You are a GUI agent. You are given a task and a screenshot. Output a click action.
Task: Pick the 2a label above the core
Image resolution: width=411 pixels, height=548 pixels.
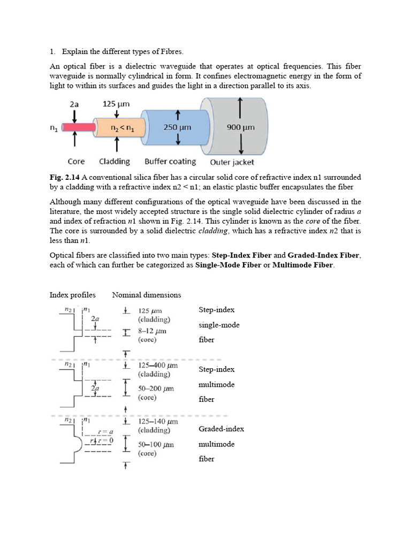coord(74,105)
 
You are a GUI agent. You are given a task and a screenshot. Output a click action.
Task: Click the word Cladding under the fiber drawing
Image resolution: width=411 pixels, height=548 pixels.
coord(115,161)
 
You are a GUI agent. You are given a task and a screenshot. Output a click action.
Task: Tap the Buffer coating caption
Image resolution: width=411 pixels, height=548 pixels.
coord(170,161)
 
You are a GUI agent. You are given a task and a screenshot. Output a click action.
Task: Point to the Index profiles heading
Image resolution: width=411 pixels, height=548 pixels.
coord(73,295)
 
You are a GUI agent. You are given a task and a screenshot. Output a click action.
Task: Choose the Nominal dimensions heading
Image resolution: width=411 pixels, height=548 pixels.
coord(147,295)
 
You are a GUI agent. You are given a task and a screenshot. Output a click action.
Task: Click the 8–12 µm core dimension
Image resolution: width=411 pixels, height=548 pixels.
coord(153,331)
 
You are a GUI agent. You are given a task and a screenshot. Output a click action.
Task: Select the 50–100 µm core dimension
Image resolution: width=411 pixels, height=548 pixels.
coord(156,444)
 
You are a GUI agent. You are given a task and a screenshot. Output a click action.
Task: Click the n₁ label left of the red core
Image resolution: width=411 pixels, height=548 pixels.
coord(54,128)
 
